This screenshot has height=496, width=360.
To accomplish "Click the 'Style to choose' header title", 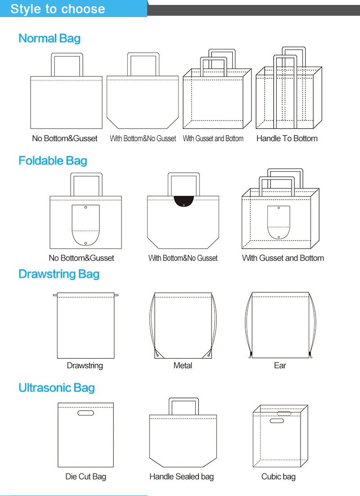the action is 58,9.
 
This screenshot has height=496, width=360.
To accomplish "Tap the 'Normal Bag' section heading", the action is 49,38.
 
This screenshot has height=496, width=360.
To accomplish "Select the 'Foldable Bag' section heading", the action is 53,161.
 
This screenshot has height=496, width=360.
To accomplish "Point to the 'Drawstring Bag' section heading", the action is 59,274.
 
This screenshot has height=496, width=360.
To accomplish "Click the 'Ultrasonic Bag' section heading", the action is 57,388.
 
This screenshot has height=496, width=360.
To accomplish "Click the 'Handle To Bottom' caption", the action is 287,138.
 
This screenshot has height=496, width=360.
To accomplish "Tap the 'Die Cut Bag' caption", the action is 85,476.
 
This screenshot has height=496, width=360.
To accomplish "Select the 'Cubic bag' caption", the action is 278,476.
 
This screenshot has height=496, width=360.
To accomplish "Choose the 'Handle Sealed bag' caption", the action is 181,476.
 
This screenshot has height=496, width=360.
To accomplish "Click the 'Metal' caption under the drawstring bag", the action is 183,365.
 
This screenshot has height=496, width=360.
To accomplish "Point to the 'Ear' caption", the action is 280,365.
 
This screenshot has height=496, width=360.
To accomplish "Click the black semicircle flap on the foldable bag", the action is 184,201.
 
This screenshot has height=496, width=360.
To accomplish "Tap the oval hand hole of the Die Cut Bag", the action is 85,413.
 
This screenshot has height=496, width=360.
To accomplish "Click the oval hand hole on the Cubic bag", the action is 277,421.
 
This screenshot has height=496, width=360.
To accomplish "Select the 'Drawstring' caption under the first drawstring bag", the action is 85,365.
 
